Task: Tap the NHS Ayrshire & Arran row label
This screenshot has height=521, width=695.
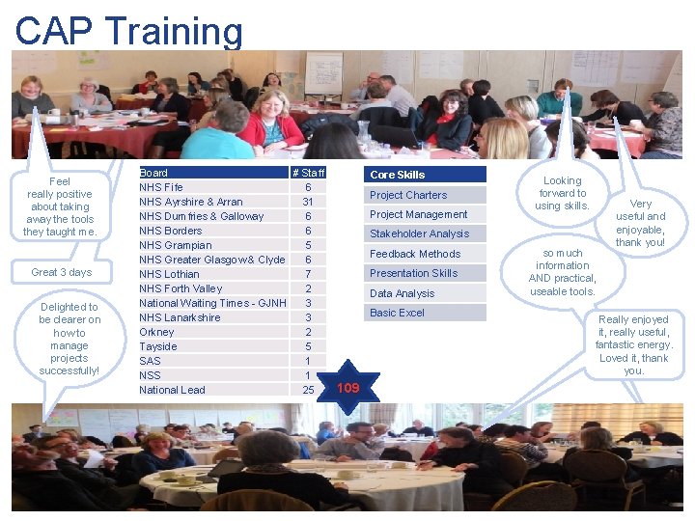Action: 190,202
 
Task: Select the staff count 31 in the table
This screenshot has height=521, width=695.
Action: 307,202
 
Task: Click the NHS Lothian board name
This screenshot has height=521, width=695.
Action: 169,274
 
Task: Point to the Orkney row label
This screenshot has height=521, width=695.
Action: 156,332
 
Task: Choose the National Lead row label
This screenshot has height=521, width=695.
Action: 172,390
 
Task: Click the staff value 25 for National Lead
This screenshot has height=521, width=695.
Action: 308,390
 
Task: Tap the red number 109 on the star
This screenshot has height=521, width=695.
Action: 347,388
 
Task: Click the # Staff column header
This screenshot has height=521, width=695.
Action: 308,173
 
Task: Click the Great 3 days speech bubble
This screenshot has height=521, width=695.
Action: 61,272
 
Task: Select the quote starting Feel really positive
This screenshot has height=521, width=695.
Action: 60,206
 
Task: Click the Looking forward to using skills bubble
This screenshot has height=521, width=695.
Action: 562,193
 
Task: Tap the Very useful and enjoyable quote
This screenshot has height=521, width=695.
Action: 641,223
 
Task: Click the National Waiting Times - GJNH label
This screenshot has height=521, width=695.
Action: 212,303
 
